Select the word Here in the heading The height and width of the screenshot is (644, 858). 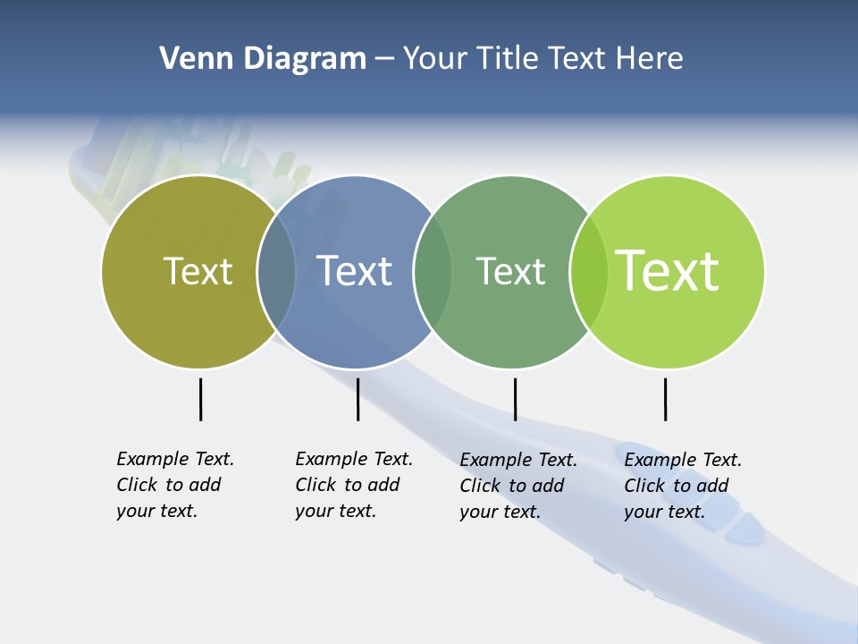click(650, 58)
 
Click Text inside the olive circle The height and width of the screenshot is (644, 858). click(198, 271)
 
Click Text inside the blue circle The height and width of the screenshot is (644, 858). click(355, 271)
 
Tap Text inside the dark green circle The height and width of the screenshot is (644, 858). click(510, 271)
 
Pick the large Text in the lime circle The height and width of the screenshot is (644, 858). click(668, 271)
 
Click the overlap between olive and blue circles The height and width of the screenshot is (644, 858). click(276, 272)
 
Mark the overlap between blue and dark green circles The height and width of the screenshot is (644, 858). click(433, 272)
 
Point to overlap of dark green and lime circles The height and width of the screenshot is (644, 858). click(589, 272)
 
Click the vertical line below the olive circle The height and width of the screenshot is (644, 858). click(200, 399)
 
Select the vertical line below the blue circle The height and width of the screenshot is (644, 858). click(357, 399)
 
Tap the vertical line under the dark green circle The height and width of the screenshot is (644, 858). click(515, 399)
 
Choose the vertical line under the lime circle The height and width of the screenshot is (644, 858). click(665, 399)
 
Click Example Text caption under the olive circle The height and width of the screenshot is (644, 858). click(175, 459)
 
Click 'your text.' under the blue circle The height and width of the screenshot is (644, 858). click(335, 511)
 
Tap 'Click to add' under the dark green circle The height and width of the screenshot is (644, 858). click(512, 486)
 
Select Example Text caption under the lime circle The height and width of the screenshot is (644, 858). click(683, 460)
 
